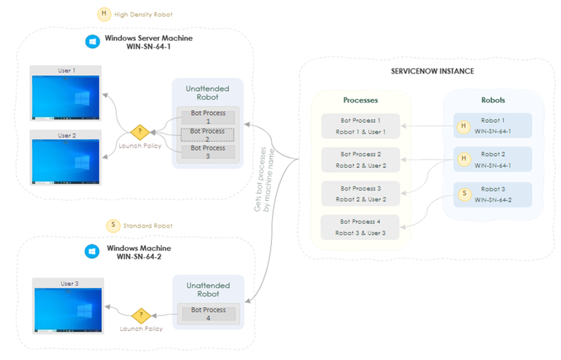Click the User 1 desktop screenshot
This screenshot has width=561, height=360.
click(65, 95)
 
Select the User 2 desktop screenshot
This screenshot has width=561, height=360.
click(65, 159)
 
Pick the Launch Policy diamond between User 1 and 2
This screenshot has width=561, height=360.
click(140, 132)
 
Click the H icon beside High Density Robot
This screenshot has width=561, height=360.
click(104, 14)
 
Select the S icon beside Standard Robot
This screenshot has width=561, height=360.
click(113, 225)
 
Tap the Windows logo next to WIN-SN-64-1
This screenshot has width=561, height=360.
click(92, 42)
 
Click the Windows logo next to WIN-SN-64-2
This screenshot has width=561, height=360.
click(92, 252)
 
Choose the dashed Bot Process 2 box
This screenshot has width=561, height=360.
click(209, 135)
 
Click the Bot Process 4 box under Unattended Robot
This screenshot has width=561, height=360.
click(209, 314)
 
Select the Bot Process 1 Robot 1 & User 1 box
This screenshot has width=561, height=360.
click(361, 126)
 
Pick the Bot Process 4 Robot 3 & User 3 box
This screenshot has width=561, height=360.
click(361, 227)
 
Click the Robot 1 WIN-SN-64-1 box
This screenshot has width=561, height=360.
click(492, 125)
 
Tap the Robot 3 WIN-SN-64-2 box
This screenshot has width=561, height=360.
click(492, 193)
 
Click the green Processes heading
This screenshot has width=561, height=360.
click(360, 100)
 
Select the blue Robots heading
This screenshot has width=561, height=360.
click(493, 100)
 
